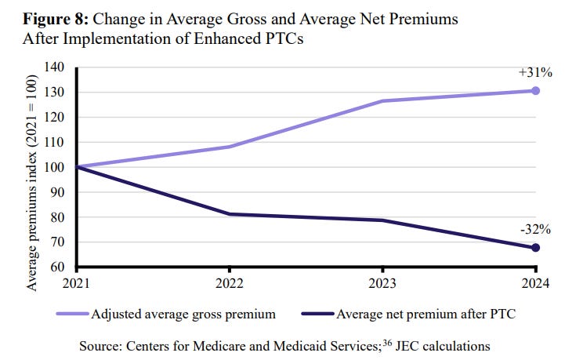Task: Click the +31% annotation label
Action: click(x=534, y=73)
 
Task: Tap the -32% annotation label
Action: click(x=534, y=230)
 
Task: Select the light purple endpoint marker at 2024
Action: click(x=535, y=91)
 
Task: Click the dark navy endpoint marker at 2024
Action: click(x=535, y=248)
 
